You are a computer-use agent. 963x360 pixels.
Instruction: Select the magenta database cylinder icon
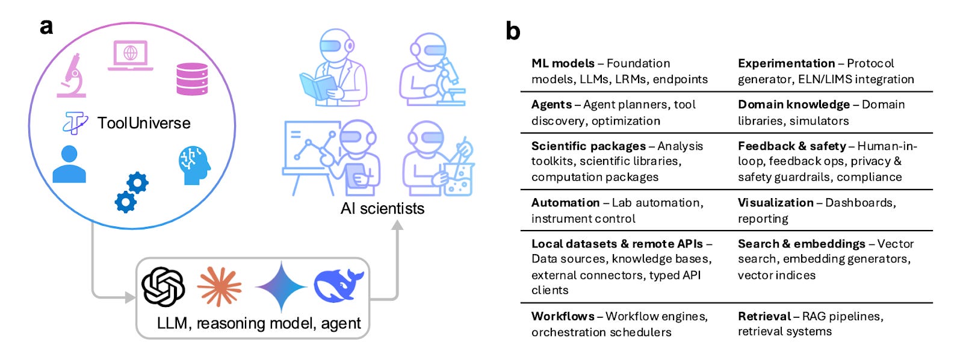click(192, 79)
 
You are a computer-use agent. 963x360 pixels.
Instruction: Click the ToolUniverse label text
click(144, 123)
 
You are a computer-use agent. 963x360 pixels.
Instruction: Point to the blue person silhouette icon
click(69, 164)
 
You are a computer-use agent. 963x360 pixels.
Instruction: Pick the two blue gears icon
click(131, 192)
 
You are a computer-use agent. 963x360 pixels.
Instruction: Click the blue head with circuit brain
click(194, 164)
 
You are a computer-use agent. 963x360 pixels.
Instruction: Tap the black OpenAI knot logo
click(163, 287)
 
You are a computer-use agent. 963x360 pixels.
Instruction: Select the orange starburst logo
click(219, 287)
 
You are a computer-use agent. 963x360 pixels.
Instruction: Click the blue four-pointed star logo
click(280, 287)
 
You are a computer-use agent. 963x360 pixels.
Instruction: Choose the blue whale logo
click(338, 285)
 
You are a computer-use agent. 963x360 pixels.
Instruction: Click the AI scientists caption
click(382, 209)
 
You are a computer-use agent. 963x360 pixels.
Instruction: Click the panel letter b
click(513, 31)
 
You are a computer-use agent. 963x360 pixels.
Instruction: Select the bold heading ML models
click(563, 63)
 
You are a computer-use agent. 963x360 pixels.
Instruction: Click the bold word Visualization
click(775, 203)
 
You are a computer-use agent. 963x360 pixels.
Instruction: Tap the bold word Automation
click(565, 203)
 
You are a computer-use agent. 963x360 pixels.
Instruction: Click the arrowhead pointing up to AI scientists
click(397, 225)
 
